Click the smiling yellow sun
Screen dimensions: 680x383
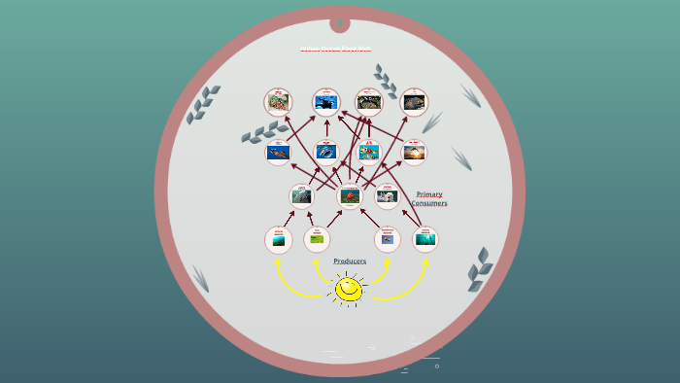point(349,289)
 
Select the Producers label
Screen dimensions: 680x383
point(350,261)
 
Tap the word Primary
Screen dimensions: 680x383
point(429,193)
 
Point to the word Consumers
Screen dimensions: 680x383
point(428,203)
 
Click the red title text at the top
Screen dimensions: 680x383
point(335,49)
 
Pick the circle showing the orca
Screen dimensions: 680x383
point(325,102)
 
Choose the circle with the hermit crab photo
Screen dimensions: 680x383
point(278,102)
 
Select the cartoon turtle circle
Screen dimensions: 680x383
point(369,152)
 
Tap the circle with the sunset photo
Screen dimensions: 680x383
point(414,152)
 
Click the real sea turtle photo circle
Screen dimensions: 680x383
point(279,152)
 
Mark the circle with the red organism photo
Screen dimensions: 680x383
point(350,195)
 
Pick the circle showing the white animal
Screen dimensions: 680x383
point(388,195)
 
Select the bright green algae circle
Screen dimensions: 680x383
point(317,239)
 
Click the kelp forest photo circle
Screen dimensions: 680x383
point(425,239)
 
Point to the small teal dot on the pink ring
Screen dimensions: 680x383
point(340,22)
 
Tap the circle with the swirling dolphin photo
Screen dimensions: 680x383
point(326,152)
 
